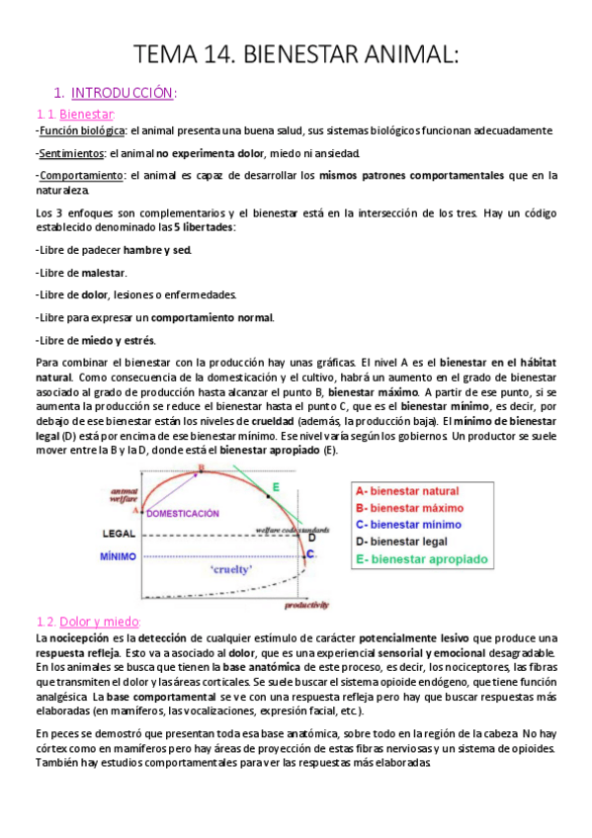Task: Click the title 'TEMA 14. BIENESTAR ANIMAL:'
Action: pos(296,54)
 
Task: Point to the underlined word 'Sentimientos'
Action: pos(70,153)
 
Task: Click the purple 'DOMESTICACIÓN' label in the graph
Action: pos(185,514)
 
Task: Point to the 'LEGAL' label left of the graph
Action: pos(119,534)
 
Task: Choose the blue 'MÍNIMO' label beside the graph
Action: pos(118,556)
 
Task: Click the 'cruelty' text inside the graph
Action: pos(230,569)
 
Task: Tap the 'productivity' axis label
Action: pos(305,603)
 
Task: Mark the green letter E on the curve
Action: pos(276,486)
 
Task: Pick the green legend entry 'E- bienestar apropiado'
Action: pos(422,558)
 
